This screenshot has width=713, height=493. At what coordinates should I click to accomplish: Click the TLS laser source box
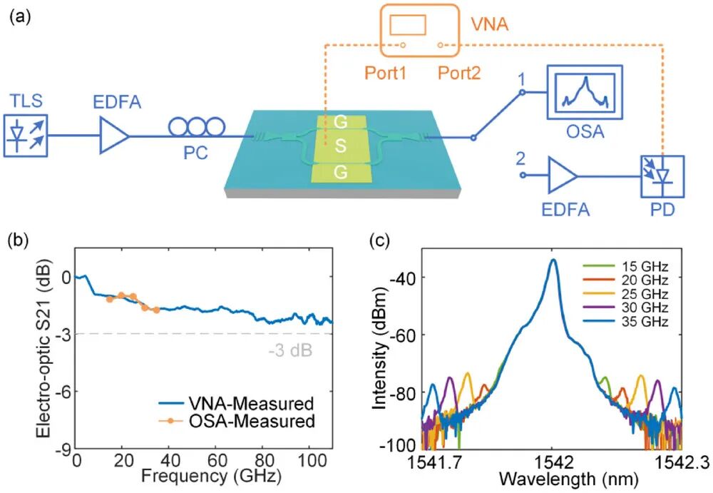tap(26, 136)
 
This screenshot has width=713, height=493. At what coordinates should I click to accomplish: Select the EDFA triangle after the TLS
tap(114, 136)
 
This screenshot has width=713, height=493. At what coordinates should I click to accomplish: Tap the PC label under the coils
tap(195, 153)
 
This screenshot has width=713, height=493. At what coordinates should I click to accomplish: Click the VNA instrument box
tap(420, 30)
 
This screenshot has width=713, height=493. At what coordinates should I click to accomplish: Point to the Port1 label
tap(386, 73)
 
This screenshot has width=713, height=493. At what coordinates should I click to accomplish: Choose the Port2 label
tap(459, 73)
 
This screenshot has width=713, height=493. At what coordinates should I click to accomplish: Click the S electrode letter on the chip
tap(341, 146)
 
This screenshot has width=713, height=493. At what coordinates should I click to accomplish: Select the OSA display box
tap(585, 93)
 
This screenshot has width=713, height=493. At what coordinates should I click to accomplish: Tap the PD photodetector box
tap(662, 176)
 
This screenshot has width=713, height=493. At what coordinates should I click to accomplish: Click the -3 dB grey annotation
tap(291, 351)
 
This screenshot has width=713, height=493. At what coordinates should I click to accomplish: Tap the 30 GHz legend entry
tap(626, 308)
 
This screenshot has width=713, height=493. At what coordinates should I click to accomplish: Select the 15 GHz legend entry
tap(626, 267)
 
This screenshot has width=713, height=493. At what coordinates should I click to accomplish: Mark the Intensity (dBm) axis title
tap(380, 350)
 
